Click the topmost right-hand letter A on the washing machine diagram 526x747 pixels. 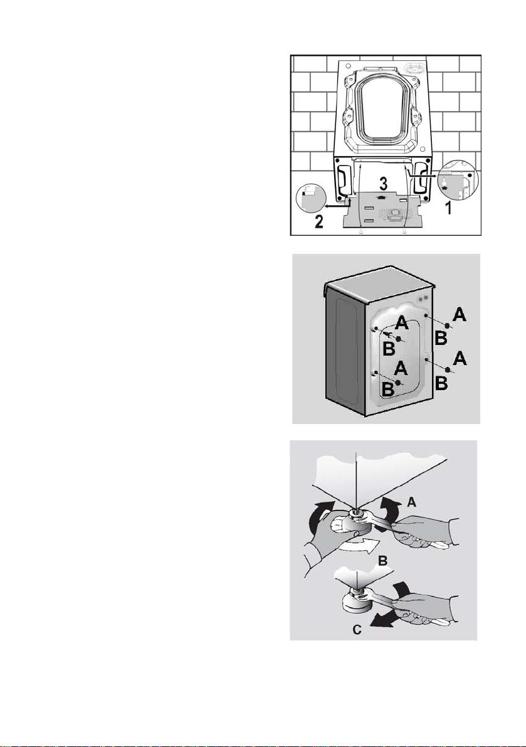(x=459, y=314)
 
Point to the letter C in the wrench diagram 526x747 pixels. (x=357, y=629)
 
